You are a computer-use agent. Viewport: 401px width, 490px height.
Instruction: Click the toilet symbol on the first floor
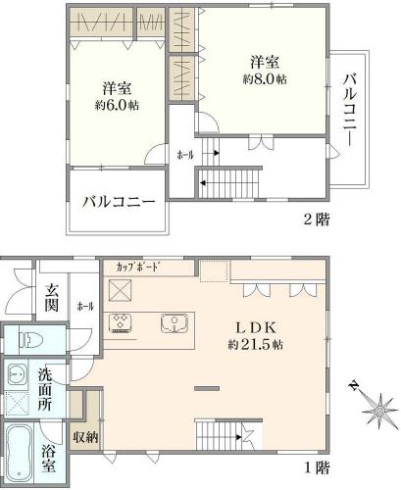(x=31, y=340)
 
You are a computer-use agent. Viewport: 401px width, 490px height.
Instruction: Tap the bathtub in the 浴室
(x=20, y=455)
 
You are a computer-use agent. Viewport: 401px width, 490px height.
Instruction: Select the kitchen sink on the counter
(x=174, y=323)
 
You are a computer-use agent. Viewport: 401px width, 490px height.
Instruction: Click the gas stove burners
(x=121, y=323)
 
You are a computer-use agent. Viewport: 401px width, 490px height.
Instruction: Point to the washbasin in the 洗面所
(x=16, y=375)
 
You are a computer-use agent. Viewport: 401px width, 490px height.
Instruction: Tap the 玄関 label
(x=52, y=298)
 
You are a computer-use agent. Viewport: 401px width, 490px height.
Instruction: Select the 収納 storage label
(x=85, y=437)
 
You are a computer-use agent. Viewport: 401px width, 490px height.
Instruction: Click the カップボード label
(x=138, y=268)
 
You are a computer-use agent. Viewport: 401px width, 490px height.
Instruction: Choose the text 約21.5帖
(x=255, y=345)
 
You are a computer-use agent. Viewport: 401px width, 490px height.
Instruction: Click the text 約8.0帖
(x=265, y=79)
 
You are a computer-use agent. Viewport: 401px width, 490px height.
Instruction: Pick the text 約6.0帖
(x=117, y=105)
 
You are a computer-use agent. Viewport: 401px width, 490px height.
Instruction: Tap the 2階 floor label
(x=316, y=220)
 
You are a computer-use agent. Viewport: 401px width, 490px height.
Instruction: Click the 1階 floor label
(x=317, y=468)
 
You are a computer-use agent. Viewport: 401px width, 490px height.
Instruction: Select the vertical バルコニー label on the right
(x=350, y=111)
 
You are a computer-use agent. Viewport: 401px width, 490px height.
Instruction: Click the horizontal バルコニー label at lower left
(x=118, y=202)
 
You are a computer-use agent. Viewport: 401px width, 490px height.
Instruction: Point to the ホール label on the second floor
(x=185, y=155)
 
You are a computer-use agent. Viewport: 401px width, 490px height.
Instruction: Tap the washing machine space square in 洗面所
(x=16, y=403)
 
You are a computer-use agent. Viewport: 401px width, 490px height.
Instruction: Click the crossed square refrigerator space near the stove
(x=120, y=290)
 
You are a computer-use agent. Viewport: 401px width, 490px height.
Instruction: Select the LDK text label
(x=256, y=327)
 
